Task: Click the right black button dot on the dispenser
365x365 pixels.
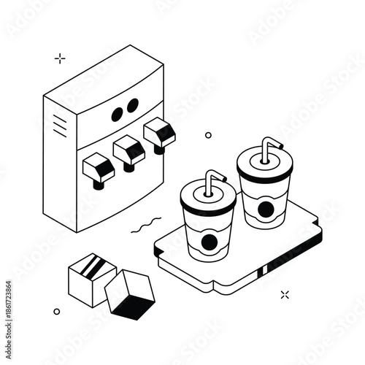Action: click(x=133, y=107)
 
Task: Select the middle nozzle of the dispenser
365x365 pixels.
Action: click(x=129, y=151)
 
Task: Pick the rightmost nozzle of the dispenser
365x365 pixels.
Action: click(x=160, y=134)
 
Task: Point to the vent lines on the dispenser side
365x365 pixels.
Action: click(x=59, y=126)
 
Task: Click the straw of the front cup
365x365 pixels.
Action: click(x=212, y=182)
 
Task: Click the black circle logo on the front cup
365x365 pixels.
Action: click(x=209, y=242)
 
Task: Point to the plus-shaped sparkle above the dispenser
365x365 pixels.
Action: click(x=60, y=58)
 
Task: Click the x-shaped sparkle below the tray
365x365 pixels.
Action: click(x=285, y=294)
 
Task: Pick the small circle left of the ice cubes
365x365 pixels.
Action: click(x=57, y=311)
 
